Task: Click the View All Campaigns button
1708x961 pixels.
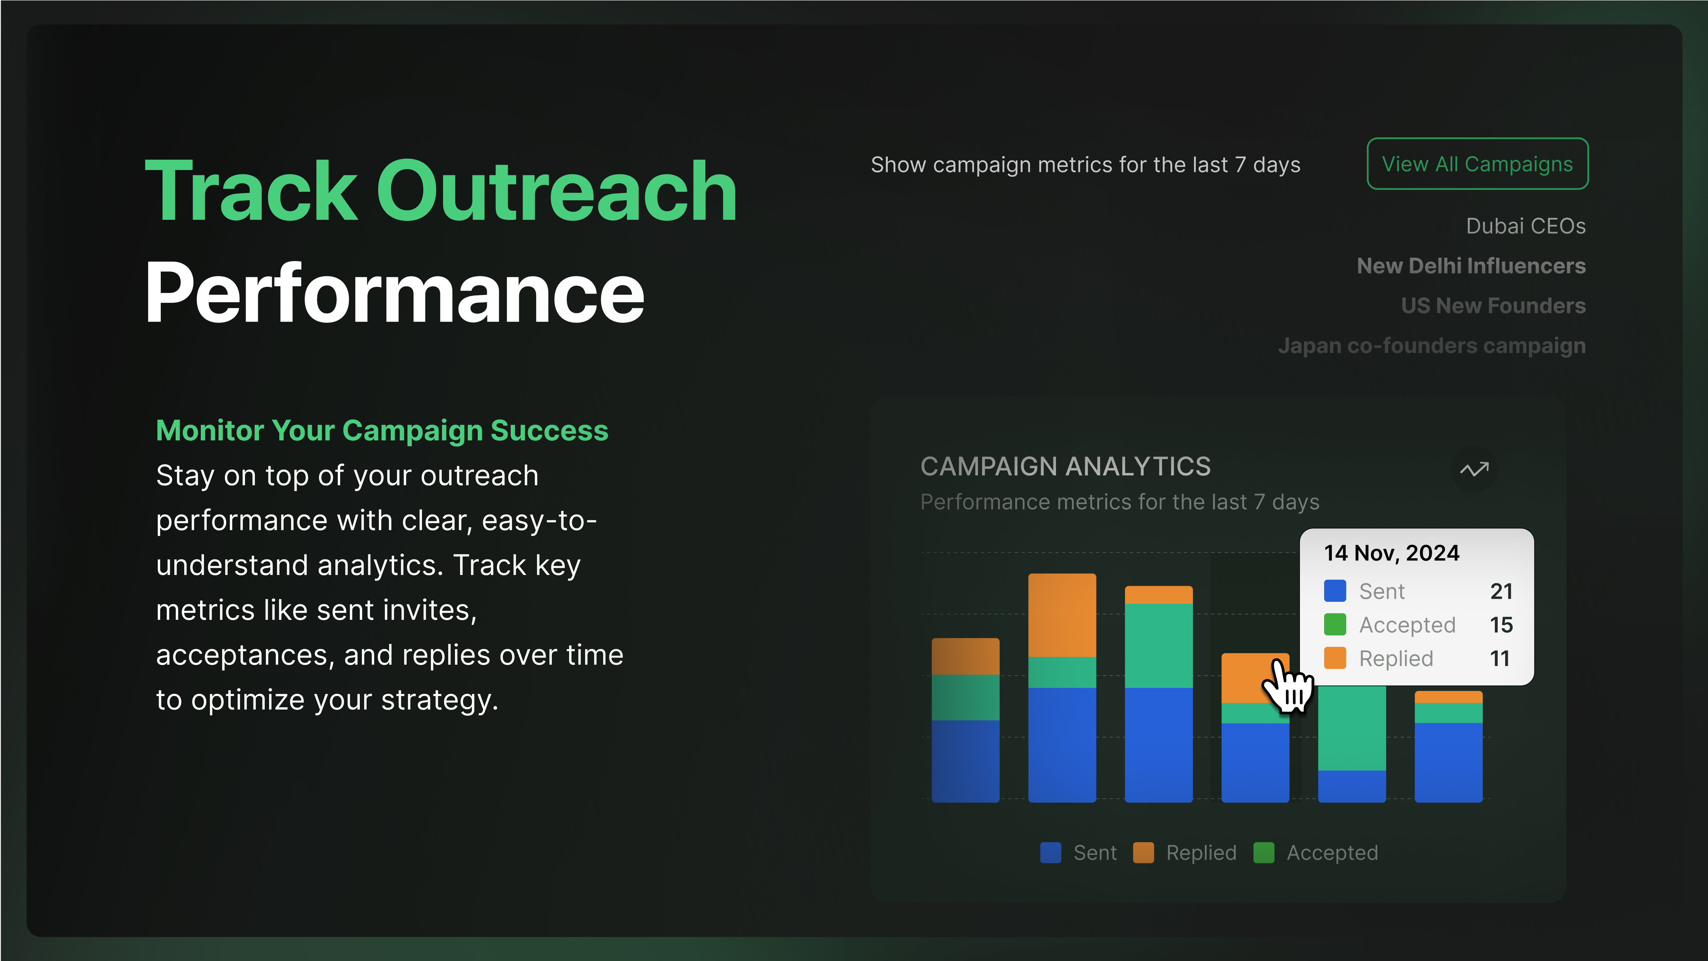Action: [x=1477, y=164]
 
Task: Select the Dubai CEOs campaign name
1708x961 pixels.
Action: [x=1526, y=226]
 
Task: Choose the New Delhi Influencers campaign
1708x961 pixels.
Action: [x=1471, y=266]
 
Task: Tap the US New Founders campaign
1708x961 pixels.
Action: [x=1493, y=306]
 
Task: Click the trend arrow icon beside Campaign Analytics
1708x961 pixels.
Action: [x=1474, y=470]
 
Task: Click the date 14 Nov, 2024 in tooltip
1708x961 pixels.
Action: [x=1392, y=553]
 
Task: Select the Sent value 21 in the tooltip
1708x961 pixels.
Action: [x=1501, y=591]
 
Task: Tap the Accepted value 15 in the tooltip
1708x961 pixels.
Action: [x=1501, y=625]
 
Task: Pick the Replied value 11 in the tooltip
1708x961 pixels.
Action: [x=1500, y=659]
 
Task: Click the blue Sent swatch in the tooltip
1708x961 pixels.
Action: [x=1335, y=591]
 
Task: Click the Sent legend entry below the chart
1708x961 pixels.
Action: [x=1078, y=853]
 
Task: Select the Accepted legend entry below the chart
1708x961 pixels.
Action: [x=1316, y=853]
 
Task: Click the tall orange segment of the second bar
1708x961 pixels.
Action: [x=1062, y=615]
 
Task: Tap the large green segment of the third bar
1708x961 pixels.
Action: [x=1159, y=645]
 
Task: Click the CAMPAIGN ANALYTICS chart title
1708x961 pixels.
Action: [x=1066, y=466]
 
